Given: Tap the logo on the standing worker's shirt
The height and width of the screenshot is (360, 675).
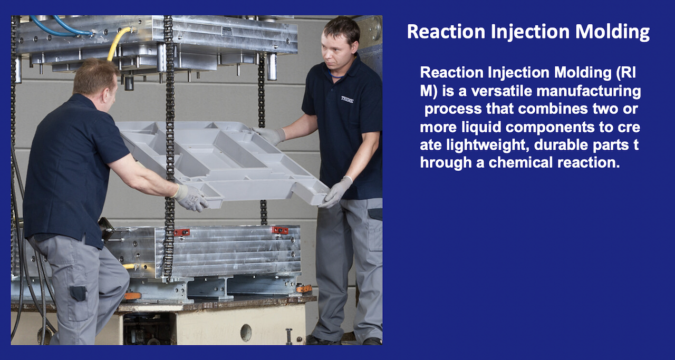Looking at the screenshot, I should point(347,99).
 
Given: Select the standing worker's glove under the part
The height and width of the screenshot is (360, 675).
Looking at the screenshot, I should point(336,191).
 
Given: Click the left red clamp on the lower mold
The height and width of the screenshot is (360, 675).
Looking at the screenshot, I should point(181,232).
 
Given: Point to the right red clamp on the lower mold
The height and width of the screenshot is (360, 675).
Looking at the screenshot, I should point(280,230).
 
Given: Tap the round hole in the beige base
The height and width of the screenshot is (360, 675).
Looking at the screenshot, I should point(246,332).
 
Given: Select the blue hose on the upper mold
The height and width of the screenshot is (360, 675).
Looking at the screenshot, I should point(58,26).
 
